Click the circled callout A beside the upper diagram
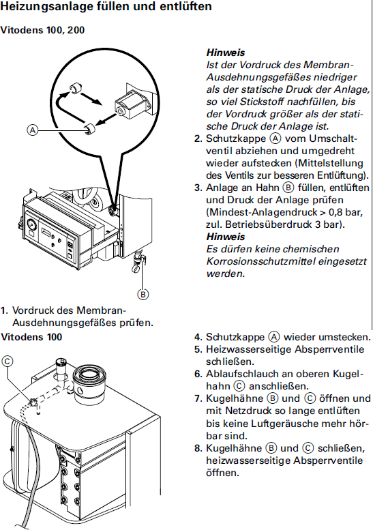pyautogui.click(x=33, y=130)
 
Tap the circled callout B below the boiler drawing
pyautogui.click(x=143, y=295)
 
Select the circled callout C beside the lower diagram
pyautogui.click(x=8, y=362)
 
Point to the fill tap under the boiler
pyautogui.click(x=138, y=262)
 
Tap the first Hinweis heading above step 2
pyautogui.click(x=225, y=53)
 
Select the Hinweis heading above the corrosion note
pyautogui.click(x=225, y=237)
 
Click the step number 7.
pyautogui.click(x=198, y=398)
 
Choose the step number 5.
pyautogui.click(x=198, y=349)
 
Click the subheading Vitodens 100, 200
pyautogui.click(x=42, y=30)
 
